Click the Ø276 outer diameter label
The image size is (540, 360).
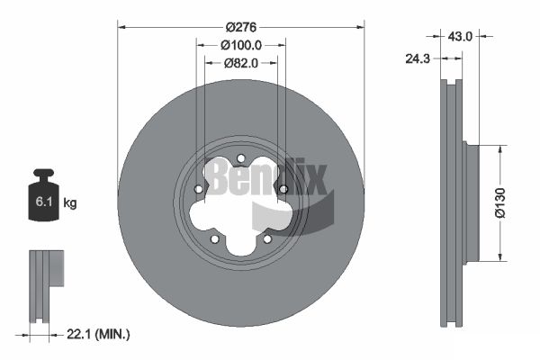point(241,27)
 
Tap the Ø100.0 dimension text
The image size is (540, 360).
point(241,45)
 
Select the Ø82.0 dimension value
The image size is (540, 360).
point(241,63)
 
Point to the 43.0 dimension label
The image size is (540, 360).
point(460,36)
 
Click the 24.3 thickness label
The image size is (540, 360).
point(418,58)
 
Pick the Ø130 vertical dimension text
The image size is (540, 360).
point(500,202)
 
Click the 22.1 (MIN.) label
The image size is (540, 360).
point(98,334)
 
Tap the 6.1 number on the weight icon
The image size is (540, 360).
point(44,202)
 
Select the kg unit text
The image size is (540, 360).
point(70,202)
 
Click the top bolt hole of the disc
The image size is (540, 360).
point(241,158)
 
